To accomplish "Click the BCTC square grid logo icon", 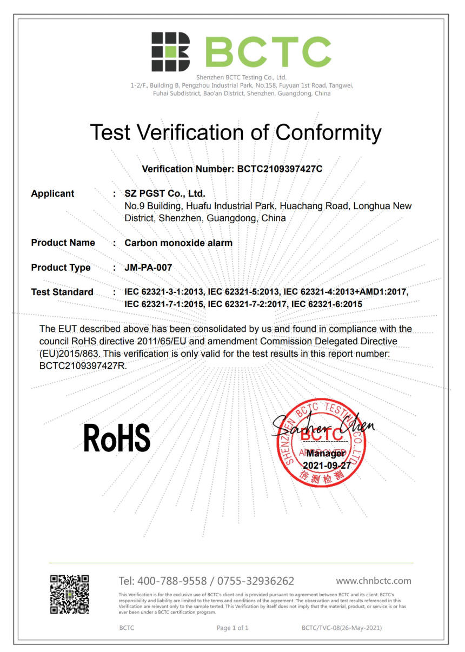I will [170, 52].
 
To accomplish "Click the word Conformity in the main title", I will [328, 132].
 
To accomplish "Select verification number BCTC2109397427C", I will [280, 169].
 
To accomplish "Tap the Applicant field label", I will [52, 194].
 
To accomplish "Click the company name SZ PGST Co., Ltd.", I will [165, 194].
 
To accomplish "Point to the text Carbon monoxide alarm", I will [178, 243].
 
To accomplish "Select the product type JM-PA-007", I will [148, 268].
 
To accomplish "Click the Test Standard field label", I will [62, 292].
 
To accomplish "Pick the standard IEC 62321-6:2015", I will [327, 304].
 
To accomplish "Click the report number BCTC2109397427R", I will [82, 366].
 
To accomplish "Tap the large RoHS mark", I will [117, 438].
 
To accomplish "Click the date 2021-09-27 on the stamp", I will [327, 465].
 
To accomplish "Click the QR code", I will [70, 594].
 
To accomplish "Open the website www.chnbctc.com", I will [373, 581].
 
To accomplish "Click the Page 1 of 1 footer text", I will [232, 628].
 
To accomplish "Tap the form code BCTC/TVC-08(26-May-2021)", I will [342, 628].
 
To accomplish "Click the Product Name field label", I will [63, 243].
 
